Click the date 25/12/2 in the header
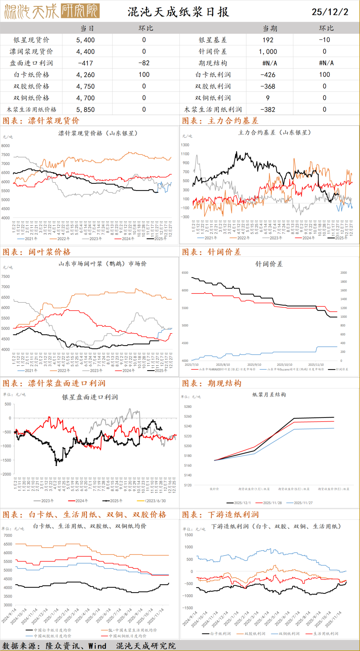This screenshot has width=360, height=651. pyautogui.click(x=330, y=12)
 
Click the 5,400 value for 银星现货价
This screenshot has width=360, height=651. pyautogui.click(x=85, y=40)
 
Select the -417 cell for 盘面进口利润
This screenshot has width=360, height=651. pyautogui.click(x=85, y=63)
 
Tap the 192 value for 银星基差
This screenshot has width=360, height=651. pyautogui.click(x=268, y=40)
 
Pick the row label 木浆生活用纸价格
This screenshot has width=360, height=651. pyautogui.click(x=32, y=109)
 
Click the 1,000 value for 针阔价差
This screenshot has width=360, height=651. pyautogui.click(x=268, y=52)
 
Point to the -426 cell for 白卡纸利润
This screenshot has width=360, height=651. pyautogui.click(x=268, y=75)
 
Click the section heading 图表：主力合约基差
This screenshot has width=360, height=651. pyautogui.click(x=220, y=121)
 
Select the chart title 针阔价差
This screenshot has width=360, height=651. pyautogui.click(x=269, y=264)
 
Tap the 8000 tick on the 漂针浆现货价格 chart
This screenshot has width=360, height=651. pyautogui.click(x=6, y=146)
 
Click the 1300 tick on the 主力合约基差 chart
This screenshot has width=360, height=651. pyautogui.click(x=185, y=145)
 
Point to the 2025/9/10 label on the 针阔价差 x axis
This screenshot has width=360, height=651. pyautogui.click(x=254, y=365)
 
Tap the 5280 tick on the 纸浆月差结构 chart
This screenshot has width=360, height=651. pyautogui.click(x=188, y=407)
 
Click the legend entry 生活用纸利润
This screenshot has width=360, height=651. pyautogui.click(x=325, y=633)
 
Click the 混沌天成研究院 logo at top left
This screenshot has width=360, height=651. pyautogui.click(x=52, y=11)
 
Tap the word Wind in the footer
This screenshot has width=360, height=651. pyautogui.click(x=97, y=646)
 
